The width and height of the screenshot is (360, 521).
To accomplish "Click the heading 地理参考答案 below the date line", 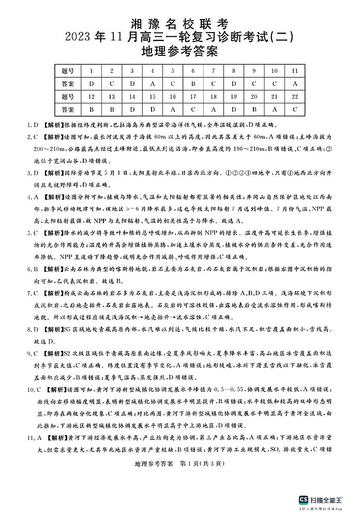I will pos(180,51).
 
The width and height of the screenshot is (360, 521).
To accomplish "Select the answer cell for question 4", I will pos(152,84).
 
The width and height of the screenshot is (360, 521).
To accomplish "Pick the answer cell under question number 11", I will pos(295,84).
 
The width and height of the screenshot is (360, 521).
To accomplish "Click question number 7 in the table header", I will pos(213,71).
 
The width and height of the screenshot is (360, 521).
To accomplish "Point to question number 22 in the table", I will pos(295,97).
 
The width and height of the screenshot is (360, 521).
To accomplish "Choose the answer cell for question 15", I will pos(152,110).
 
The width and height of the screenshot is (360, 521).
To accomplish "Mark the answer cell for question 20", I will pos(254,110).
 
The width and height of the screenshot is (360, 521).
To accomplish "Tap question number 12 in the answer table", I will pos(91,97).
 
